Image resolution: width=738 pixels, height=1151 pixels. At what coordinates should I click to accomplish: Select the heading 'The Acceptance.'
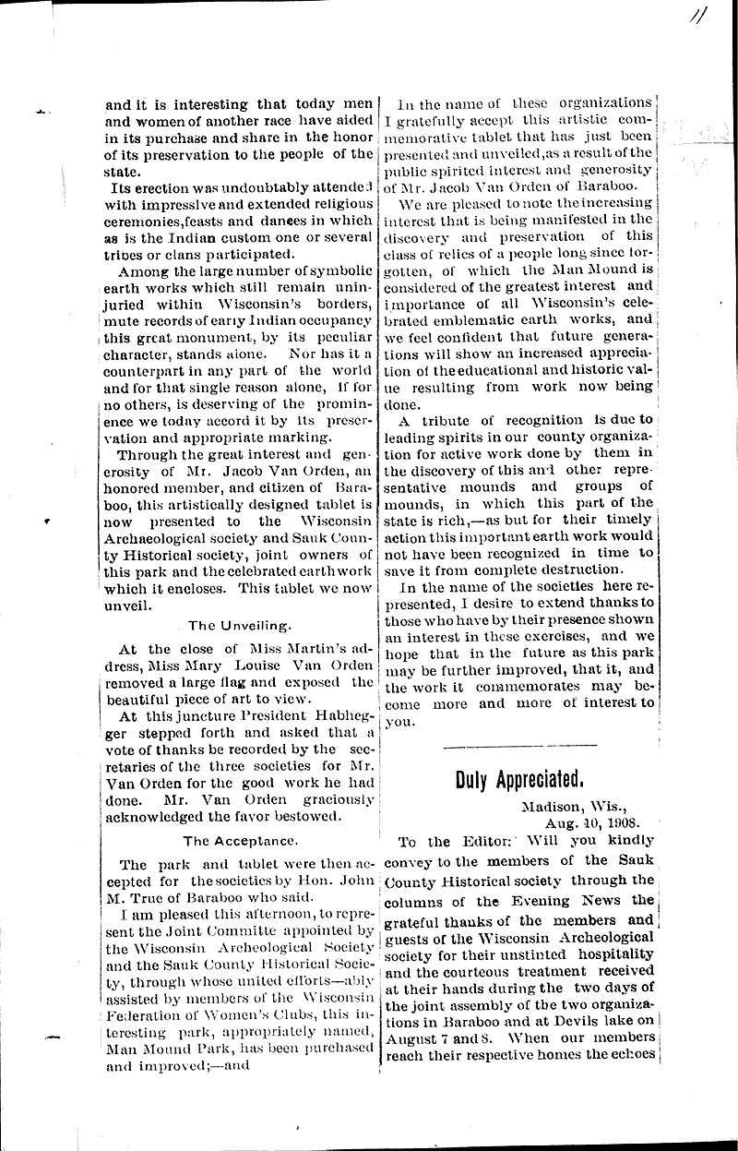tap(240, 841)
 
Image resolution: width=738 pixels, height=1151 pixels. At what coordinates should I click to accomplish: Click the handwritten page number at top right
tap(710, 19)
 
